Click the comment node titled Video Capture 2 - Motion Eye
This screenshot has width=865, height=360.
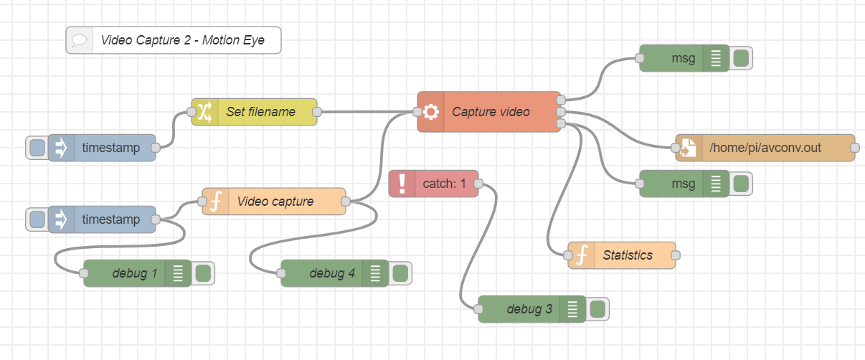click(182, 40)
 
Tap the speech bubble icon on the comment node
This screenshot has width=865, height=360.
click(80, 41)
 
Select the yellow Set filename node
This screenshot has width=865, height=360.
click(260, 112)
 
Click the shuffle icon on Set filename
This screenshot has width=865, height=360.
click(204, 112)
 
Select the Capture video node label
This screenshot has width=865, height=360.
click(491, 112)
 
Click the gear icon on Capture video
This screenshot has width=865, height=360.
click(430, 112)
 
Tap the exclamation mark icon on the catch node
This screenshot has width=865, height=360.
click(402, 184)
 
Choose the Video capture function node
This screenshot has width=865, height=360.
click(275, 202)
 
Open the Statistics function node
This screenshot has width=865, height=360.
click(628, 255)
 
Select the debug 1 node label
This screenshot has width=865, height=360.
click(134, 273)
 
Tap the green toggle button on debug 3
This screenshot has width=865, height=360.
click(597, 309)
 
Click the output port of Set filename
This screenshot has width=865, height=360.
click(317, 112)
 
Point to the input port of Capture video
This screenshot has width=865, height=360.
click(417, 112)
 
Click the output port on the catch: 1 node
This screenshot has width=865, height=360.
click(478, 184)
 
